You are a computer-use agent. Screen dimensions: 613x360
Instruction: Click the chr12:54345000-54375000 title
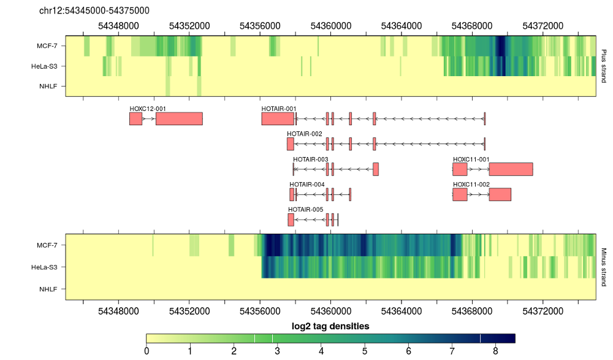(94, 10)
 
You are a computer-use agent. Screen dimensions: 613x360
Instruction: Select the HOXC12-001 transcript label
(148, 109)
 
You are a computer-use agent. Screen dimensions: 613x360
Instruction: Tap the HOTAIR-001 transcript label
(279, 109)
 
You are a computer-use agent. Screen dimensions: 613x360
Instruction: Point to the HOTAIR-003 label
(310, 159)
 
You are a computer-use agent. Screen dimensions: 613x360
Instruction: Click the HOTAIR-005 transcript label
(306, 209)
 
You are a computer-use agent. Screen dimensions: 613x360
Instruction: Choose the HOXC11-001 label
(471, 159)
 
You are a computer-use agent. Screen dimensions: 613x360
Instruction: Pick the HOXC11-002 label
(471, 185)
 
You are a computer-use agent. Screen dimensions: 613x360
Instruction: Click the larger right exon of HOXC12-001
(179, 119)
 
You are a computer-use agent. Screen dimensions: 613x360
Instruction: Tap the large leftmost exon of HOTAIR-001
(278, 119)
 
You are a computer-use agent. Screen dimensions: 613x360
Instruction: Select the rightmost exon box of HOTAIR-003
(376, 169)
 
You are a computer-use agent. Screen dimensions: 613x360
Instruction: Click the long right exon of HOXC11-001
(511, 169)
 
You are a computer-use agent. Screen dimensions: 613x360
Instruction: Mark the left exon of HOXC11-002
(460, 194)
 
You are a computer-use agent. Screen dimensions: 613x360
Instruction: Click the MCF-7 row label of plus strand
(47, 46)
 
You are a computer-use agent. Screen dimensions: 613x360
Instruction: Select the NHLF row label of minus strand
(48, 289)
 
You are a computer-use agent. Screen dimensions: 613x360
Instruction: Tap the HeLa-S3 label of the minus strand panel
(44, 267)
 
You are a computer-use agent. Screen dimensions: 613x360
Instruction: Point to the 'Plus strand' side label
(604, 66)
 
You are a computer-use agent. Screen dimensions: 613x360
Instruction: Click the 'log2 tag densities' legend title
(330, 326)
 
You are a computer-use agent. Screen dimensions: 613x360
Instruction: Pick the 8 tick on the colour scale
(495, 351)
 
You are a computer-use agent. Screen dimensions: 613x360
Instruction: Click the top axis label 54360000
(331, 26)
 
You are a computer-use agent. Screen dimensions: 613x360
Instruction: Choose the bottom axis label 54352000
(189, 311)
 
